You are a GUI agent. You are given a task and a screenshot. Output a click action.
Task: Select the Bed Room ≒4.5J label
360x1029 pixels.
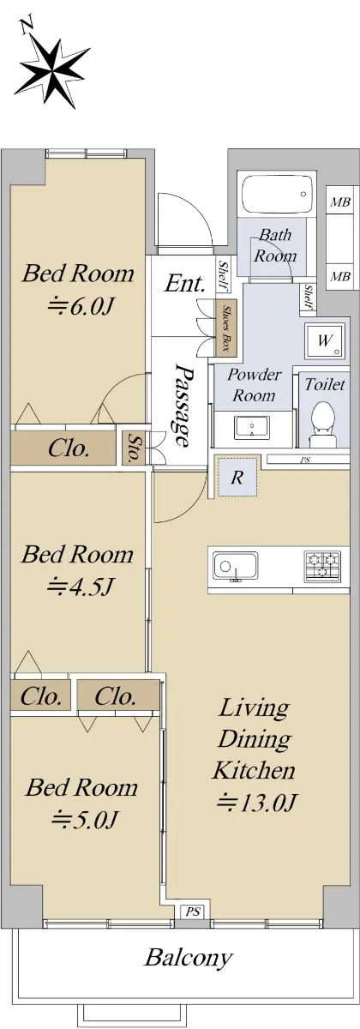(x=78, y=569)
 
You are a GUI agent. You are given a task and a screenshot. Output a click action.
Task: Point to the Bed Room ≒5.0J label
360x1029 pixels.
(x=81, y=803)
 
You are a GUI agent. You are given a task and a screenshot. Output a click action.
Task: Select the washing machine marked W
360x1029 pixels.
(x=325, y=340)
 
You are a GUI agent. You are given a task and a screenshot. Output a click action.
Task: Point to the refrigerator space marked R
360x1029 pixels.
(x=237, y=477)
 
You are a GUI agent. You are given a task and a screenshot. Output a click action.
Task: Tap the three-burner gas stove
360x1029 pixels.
(x=323, y=566)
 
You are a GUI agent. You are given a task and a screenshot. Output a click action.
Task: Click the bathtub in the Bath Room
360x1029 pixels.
(x=278, y=194)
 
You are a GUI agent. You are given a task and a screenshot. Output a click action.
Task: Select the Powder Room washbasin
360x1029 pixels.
(x=252, y=428)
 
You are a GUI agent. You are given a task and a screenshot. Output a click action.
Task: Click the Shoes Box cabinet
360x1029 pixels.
(x=226, y=328)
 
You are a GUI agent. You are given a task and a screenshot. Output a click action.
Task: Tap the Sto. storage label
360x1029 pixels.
(x=133, y=448)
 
